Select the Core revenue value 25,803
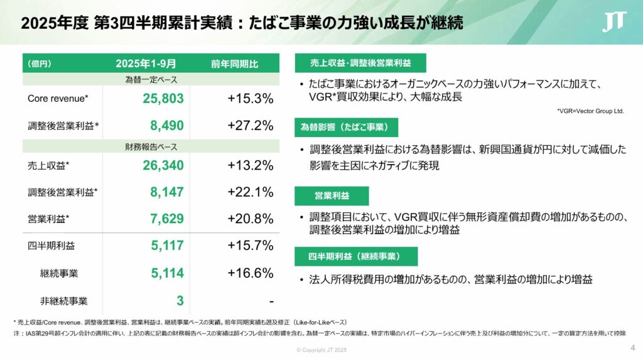click(x=163, y=99)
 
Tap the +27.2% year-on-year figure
click(x=250, y=126)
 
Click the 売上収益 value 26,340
click(x=163, y=166)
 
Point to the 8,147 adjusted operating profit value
click(x=166, y=192)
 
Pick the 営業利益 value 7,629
click(x=166, y=219)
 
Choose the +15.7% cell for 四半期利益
click(x=250, y=246)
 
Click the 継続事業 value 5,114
click(x=166, y=273)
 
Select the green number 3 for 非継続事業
click(x=180, y=300)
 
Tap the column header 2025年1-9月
click(x=146, y=63)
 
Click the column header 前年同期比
click(x=235, y=63)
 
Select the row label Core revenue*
click(x=58, y=99)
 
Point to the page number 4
click(x=632, y=348)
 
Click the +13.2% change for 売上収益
click(x=250, y=166)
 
